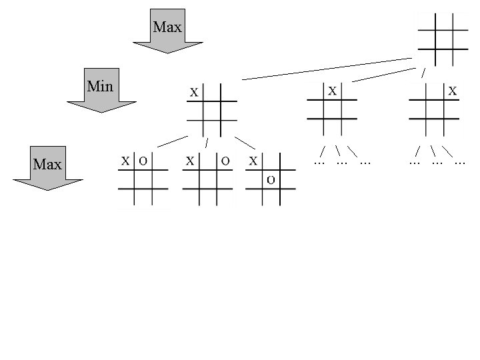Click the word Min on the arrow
click(100, 86)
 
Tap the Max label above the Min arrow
click(167, 27)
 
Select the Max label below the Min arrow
click(47, 163)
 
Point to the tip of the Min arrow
click(101, 111)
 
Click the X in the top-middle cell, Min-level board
click(332, 89)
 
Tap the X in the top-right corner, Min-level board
click(453, 90)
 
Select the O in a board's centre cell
click(271, 179)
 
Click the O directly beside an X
click(143, 161)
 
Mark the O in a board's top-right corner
click(225, 161)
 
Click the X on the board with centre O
click(253, 161)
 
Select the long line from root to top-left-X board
click(327, 69)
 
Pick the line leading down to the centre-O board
click(245, 143)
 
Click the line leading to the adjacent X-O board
click(173, 141)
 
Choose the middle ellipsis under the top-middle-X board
click(342, 161)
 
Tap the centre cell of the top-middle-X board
click(332, 109)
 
